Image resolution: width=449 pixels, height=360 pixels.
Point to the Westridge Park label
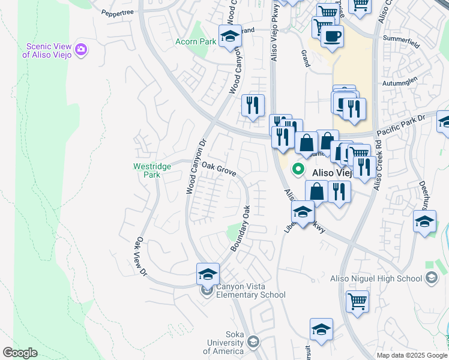click(152, 170)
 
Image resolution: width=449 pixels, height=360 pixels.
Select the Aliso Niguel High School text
click(376, 278)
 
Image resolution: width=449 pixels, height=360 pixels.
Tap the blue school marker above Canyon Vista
click(208, 274)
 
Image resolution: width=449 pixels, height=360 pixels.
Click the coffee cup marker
click(331, 36)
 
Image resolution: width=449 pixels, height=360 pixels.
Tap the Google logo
click(20, 353)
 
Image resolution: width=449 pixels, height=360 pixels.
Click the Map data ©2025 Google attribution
click(411, 355)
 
